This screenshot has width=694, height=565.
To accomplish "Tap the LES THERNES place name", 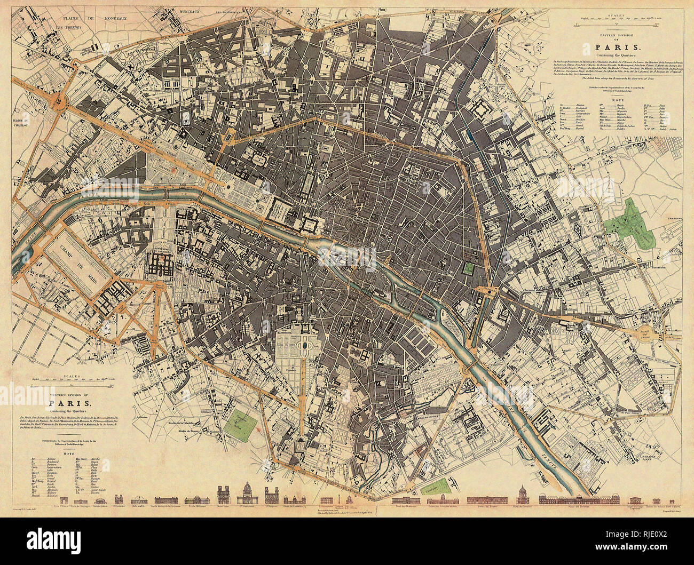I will pyautogui.click(x=70, y=27).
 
